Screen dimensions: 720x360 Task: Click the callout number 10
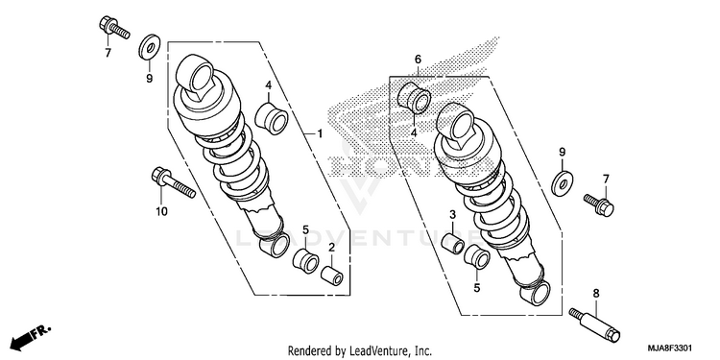click(x=161, y=212)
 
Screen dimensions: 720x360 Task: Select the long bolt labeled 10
click(x=173, y=182)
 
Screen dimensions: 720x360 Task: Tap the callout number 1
click(x=320, y=133)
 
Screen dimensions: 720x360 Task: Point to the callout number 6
click(x=418, y=60)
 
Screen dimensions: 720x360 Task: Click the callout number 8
click(x=596, y=294)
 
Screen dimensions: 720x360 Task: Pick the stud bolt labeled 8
click(x=594, y=325)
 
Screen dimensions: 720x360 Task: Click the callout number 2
click(x=331, y=248)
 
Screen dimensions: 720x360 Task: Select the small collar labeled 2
click(x=332, y=276)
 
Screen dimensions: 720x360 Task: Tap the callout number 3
click(x=452, y=214)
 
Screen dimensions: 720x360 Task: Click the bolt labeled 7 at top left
click(x=114, y=27)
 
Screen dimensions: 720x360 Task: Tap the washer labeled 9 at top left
click(x=149, y=46)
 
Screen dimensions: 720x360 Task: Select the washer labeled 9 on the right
click(x=562, y=182)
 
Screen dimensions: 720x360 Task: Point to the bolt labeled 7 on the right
click(x=599, y=204)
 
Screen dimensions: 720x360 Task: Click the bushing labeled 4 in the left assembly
click(x=272, y=117)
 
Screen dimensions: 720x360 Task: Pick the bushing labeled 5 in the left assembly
click(x=306, y=261)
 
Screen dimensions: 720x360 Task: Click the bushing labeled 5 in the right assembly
click(x=476, y=256)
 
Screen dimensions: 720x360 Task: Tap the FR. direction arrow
click(x=31, y=337)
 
